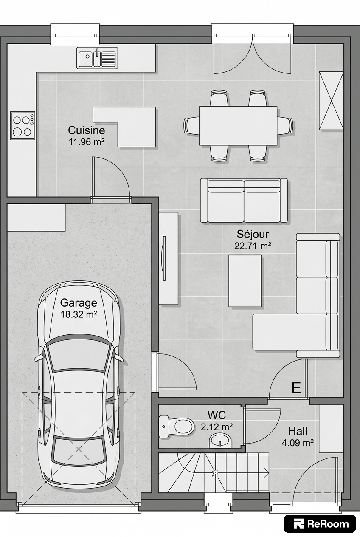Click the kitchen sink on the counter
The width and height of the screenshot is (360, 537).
(x=97, y=58)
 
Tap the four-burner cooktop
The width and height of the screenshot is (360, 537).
(x=22, y=125)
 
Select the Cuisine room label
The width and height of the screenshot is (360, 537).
(x=87, y=130)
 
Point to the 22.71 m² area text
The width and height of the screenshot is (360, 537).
(x=253, y=246)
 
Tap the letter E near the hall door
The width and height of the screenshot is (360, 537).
(x=296, y=387)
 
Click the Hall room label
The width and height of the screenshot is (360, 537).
(x=298, y=431)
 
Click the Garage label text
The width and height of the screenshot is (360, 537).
(x=79, y=302)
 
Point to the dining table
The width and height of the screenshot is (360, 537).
(x=238, y=126)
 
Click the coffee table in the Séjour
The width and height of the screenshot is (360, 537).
(x=245, y=281)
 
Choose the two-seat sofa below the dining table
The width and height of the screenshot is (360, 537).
(x=244, y=201)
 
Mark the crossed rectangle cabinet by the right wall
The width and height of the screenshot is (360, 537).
(x=332, y=101)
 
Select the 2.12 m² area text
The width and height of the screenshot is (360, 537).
(x=217, y=427)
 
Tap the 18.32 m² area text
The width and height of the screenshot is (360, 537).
(x=79, y=314)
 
